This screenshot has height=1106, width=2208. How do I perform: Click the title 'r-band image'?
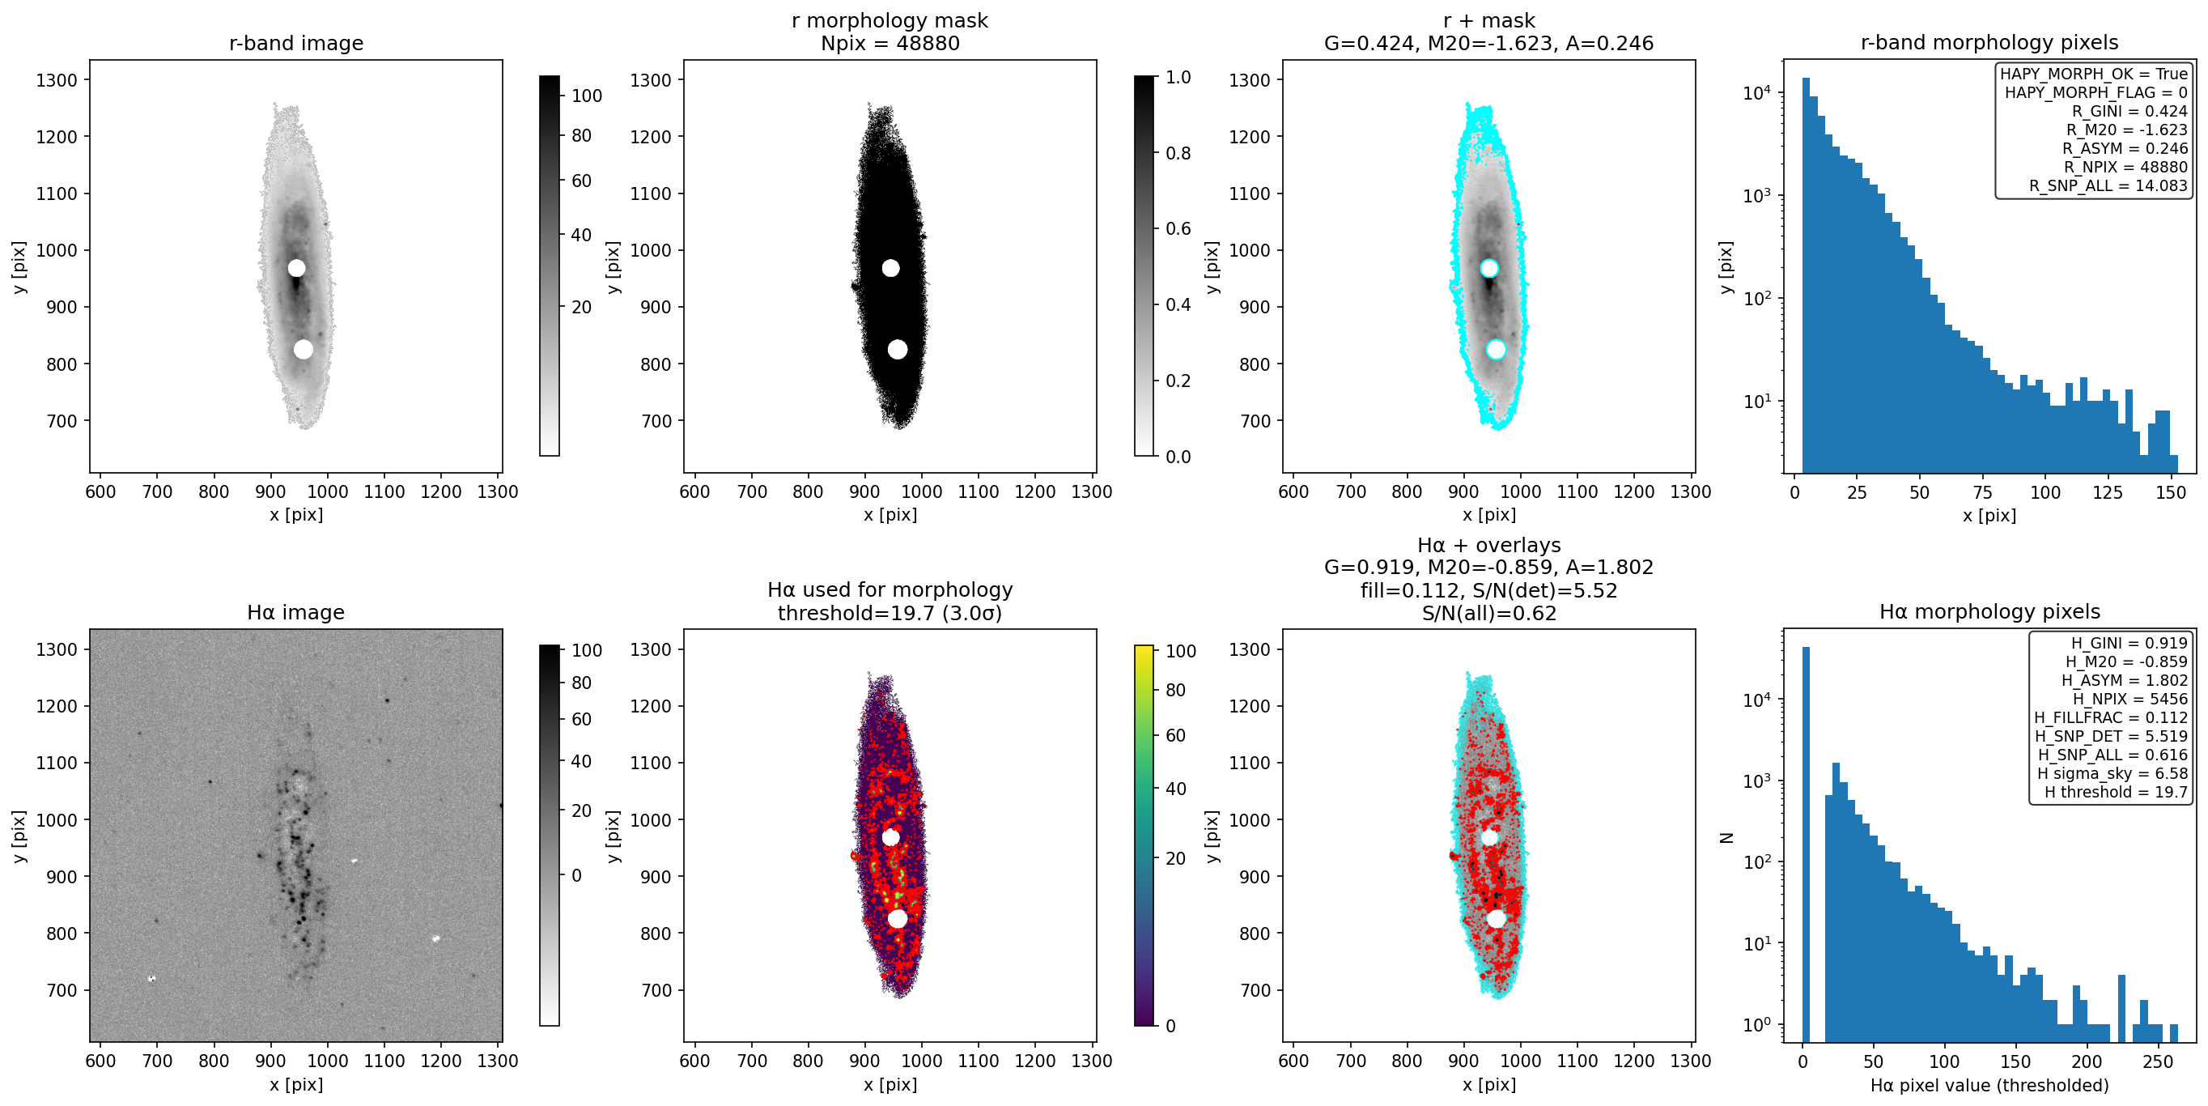coord(295,43)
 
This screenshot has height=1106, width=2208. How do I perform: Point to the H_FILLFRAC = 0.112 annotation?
coord(2110,717)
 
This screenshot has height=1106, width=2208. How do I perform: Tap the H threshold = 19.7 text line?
coord(2116,791)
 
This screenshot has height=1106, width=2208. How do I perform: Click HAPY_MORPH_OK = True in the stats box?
coord(2093,74)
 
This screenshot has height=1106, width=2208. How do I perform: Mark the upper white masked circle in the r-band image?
coord(295,268)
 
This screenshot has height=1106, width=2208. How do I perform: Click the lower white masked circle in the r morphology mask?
coord(898,349)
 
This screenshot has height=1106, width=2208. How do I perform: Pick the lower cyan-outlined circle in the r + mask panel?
coord(1496,349)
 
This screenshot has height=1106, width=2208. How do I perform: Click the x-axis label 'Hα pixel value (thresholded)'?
coord(1989,1085)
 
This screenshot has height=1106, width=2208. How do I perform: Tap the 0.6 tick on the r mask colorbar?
coord(1178,229)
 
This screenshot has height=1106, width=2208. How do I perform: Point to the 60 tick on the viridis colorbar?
coord(1175,736)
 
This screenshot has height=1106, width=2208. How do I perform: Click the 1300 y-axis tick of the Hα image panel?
coord(57,649)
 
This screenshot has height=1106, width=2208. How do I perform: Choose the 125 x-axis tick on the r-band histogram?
coord(2108,492)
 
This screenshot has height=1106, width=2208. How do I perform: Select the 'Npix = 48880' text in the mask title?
coord(890,43)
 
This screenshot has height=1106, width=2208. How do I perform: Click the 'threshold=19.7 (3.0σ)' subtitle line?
coord(890,612)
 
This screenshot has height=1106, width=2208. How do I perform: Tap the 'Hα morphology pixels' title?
coord(1989,611)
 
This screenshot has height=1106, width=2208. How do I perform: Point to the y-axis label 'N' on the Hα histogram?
coord(1726,837)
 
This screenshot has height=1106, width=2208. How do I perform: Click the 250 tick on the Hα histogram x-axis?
coord(2158,1061)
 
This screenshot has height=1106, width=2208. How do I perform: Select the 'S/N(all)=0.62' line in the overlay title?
coord(1488,613)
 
